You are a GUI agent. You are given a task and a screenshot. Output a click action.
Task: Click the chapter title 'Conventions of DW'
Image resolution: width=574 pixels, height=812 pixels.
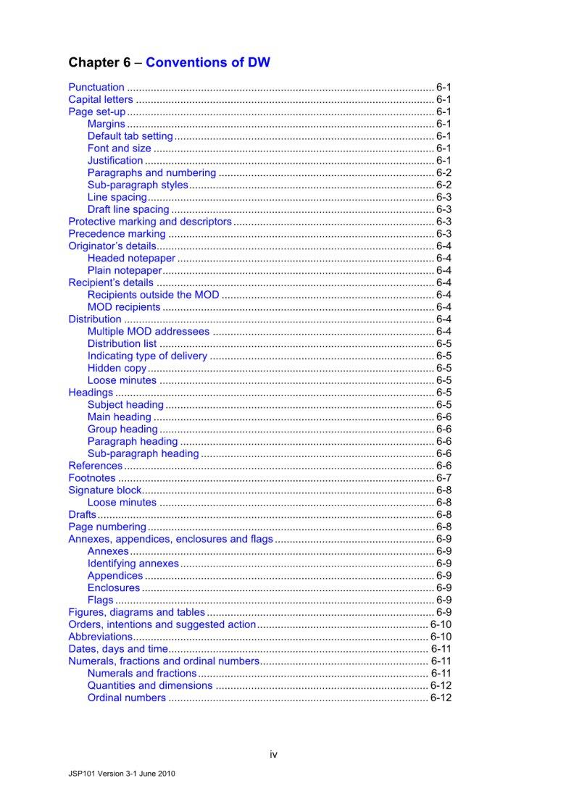pyautogui.click(x=208, y=62)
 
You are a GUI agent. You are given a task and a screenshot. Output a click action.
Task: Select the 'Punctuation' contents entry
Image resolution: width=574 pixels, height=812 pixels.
pyautogui.click(x=96, y=88)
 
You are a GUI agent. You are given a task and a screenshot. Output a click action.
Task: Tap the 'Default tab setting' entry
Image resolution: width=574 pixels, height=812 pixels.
pyautogui.click(x=130, y=136)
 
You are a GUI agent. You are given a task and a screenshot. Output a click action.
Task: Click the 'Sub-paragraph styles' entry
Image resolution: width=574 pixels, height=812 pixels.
pyautogui.click(x=138, y=185)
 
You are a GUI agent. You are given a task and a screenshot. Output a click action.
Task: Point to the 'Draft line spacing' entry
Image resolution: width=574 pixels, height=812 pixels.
pyautogui.click(x=128, y=209)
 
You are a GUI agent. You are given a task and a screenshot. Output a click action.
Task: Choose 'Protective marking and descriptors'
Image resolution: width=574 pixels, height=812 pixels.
pyautogui.click(x=150, y=222)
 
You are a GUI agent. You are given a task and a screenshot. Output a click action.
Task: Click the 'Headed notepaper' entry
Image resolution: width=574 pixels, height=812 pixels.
pyautogui.click(x=131, y=259)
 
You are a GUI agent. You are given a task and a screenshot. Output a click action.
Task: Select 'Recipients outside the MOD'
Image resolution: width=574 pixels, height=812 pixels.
pyautogui.click(x=153, y=295)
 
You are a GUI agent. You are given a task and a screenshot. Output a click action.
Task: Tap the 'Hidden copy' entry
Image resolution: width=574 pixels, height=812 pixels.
pyautogui.click(x=117, y=368)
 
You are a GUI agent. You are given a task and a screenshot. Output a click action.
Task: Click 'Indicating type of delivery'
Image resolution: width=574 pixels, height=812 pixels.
pyautogui.click(x=147, y=356)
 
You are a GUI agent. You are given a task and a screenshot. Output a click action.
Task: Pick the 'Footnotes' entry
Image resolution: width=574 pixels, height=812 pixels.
pyautogui.click(x=92, y=478)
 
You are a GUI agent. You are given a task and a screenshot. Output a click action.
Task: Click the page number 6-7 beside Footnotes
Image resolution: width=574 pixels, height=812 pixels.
pyautogui.click(x=444, y=478)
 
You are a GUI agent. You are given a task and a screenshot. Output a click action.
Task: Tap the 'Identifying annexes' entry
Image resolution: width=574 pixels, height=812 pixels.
pyautogui.click(x=133, y=564)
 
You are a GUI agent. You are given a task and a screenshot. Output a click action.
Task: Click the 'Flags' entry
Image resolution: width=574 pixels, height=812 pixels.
pyautogui.click(x=101, y=600)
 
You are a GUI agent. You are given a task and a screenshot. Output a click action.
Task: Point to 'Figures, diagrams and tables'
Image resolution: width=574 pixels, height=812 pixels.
pyautogui.click(x=137, y=612)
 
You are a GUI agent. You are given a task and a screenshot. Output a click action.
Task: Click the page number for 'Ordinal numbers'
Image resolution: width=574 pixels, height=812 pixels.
pyautogui.click(x=441, y=698)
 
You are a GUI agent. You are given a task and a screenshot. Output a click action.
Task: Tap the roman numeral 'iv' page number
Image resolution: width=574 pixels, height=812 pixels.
pyautogui.click(x=273, y=755)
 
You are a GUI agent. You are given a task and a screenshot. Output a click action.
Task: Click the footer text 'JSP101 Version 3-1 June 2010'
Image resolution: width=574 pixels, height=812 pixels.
pyautogui.click(x=116, y=773)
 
